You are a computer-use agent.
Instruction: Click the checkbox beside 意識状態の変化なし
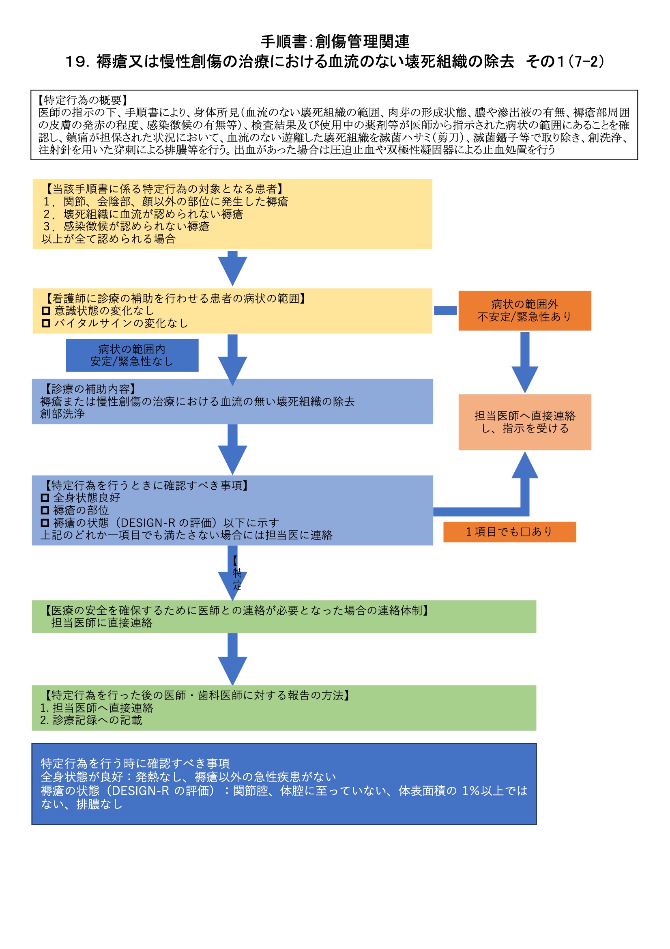pyautogui.click(x=46, y=310)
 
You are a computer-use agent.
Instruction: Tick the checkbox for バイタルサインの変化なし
pyautogui.click(x=46, y=323)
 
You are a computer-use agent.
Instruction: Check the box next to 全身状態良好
pyautogui.click(x=45, y=498)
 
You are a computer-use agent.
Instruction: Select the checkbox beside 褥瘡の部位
pyautogui.click(x=45, y=510)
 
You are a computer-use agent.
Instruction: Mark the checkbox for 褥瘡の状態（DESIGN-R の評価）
pyautogui.click(x=45, y=523)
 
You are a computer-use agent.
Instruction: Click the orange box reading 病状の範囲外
pyautogui.click(x=524, y=310)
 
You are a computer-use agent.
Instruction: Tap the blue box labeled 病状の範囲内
pyautogui.click(x=132, y=355)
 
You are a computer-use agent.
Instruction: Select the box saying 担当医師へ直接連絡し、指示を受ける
pyautogui.click(x=524, y=422)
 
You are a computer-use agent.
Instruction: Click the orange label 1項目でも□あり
pyautogui.click(x=509, y=532)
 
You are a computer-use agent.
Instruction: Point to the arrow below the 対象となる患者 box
pyautogui.click(x=232, y=268)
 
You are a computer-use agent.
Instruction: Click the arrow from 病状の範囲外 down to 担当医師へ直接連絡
pyautogui.click(x=524, y=362)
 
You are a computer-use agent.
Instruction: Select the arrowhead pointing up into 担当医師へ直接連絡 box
pyautogui.click(x=524, y=466)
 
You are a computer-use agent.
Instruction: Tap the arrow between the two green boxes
pyautogui.click(x=232, y=658)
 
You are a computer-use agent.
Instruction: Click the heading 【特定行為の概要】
pyautogui.click(x=83, y=100)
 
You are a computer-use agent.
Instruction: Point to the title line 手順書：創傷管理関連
pyautogui.click(x=335, y=42)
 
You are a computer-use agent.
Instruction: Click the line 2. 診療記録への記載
pyautogui.click(x=91, y=720)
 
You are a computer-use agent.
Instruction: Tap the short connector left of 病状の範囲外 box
pyautogui.click(x=445, y=310)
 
